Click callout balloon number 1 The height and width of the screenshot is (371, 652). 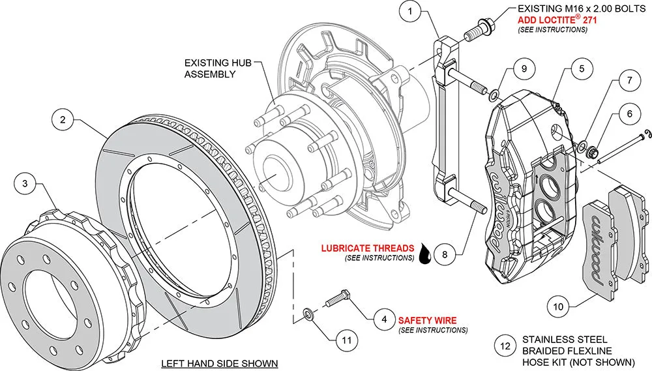(410, 12)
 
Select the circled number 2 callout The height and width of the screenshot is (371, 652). (62, 120)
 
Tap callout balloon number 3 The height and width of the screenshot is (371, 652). (25, 184)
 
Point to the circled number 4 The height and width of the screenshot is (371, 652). (384, 319)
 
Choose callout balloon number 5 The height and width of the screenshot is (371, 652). (582, 67)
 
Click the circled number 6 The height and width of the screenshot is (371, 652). (629, 113)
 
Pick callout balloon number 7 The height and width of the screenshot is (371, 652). (629, 82)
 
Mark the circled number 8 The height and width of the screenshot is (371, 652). (444, 254)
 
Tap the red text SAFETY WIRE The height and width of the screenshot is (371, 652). (427, 320)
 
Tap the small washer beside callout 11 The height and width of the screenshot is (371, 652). (308, 310)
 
